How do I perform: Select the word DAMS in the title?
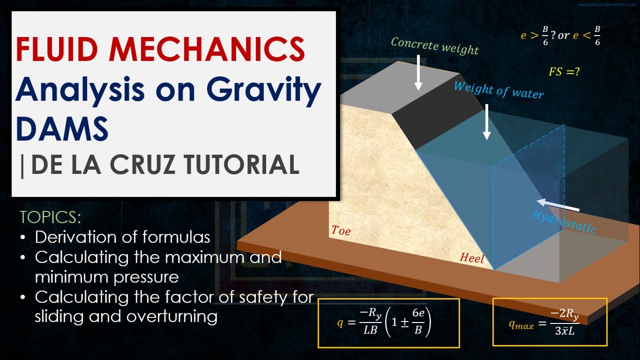click(x=62, y=127)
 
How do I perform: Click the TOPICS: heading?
click(x=50, y=217)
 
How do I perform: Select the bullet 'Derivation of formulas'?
click(x=122, y=236)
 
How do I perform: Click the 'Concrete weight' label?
click(x=434, y=45)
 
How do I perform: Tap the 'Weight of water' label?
click(x=498, y=90)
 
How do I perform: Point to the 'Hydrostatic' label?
click(x=564, y=221)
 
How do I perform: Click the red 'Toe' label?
click(x=341, y=230)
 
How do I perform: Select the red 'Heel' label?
click(x=472, y=257)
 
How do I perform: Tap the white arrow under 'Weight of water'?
click(x=486, y=122)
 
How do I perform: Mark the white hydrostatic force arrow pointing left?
click(x=558, y=205)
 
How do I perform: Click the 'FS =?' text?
click(x=564, y=71)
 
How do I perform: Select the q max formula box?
click(x=549, y=322)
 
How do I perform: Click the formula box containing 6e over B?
click(x=388, y=323)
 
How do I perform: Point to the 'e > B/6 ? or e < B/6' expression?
click(x=560, y=35)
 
